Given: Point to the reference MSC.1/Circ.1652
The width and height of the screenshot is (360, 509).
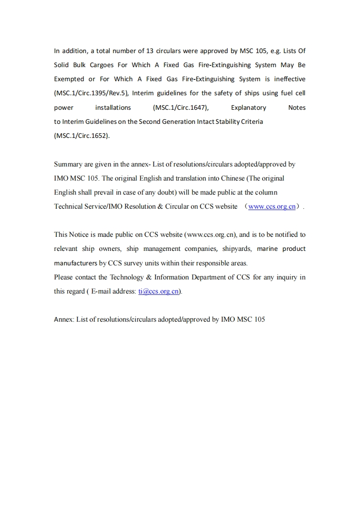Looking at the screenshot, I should [82, 136].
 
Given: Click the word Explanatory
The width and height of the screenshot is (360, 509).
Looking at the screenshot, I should [248, 108].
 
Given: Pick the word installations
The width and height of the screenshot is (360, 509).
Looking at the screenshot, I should [113, 108].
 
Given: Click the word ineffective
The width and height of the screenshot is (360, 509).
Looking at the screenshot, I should [289, 79].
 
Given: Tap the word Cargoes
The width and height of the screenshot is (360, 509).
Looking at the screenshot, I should [102, 65].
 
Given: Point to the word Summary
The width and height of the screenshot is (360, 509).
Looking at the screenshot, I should [68, 164].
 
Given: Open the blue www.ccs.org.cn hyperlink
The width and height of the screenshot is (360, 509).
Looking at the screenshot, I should [272, 206].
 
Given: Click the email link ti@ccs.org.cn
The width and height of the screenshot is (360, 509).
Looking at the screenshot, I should [158, 291].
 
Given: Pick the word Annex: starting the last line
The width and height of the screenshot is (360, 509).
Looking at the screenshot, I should [64, 319].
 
